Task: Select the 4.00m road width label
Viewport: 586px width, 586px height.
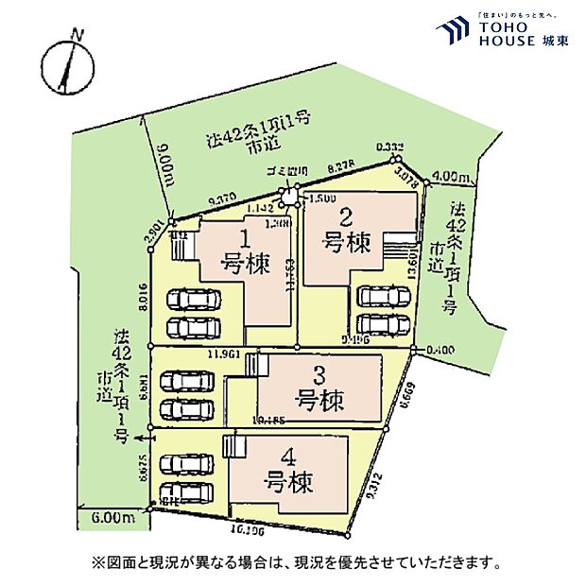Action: point(447,177)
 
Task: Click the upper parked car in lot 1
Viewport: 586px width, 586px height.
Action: point(194,300)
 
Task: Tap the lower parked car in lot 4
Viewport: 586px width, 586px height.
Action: point(188,492)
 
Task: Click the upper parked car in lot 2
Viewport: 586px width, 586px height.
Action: point(384,296)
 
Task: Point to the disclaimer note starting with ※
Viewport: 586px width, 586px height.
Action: point(293,562)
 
